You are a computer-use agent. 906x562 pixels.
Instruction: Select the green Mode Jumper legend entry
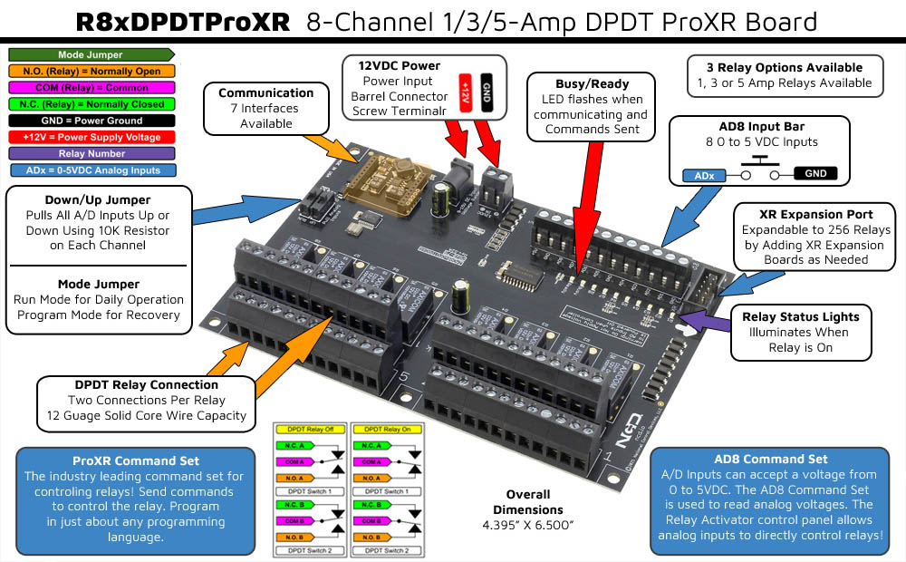click(90, 54)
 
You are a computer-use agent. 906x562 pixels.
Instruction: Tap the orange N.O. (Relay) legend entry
click(91, 71)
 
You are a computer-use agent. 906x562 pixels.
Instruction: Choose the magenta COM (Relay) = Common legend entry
click(91, 87)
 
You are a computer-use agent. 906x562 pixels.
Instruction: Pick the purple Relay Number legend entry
click(91, 153)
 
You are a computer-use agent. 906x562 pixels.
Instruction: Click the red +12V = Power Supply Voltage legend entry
click(91, 137)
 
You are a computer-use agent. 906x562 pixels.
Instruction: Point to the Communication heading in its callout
click(266, 92)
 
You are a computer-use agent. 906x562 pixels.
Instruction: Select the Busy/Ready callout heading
click(592, 83)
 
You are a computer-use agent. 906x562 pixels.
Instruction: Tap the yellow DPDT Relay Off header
click(310, 428)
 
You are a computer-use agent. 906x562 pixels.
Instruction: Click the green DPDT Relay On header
click(387, 428)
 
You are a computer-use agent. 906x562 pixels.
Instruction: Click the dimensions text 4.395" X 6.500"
click(528, 524)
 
